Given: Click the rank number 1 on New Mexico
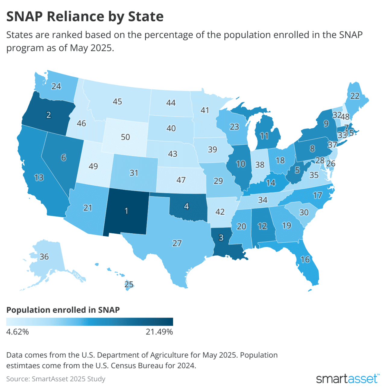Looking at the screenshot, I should (x=126, y=211).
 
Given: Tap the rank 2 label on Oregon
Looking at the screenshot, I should (x=49, y=115).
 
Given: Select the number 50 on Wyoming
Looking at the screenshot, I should (x=125, y=137).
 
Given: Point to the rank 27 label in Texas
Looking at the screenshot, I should (x=177, y=243).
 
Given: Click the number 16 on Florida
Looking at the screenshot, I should (x=305, y=259).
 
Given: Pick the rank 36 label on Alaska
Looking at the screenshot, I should (x=44, y=257).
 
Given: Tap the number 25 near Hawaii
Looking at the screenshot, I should (x=129, y=284).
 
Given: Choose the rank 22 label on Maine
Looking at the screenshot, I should (x=355, y=96).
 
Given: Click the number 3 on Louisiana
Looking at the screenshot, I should (x=221, y=238).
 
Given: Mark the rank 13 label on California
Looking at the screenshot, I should (x=39, y=177).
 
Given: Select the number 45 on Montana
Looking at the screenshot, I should (x=117, y=101).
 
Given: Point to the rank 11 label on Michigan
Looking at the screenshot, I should (x=264, y=136).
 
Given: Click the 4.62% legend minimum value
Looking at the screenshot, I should (x=17, y=332).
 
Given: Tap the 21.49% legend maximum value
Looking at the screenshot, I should (x=159, y=332).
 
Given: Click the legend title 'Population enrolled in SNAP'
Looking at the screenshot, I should (x=63, y=310).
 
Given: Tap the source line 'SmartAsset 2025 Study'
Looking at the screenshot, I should (x=68, y=379).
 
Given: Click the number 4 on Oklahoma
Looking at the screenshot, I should (x=186, y=206).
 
